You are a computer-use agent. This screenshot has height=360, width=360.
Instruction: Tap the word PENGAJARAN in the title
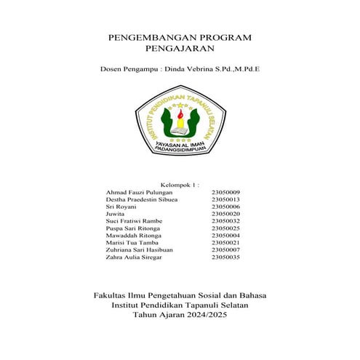tap(180, 49)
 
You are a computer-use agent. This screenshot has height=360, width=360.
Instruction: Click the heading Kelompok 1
tap(180, 185)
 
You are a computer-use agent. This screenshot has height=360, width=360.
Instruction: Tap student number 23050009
tap(225, 192)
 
